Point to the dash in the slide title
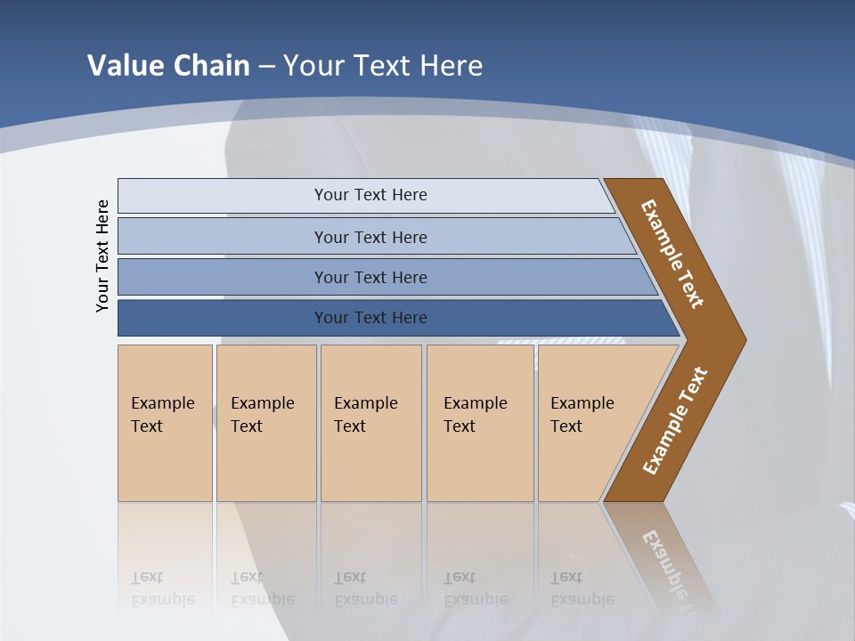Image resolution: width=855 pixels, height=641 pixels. tap(266, 67)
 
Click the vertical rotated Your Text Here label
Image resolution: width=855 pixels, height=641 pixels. tap(102, 256)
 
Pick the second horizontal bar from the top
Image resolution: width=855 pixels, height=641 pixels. tap(370, 237)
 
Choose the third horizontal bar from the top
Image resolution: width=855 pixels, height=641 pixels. tap(370, 277)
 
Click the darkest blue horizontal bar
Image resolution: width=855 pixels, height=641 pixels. tap(370, 318)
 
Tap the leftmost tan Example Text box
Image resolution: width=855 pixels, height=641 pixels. tap(165, 422)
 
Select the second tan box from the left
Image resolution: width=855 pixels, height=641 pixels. tap(265, 422)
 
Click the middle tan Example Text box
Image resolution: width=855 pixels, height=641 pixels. tap(370, 422)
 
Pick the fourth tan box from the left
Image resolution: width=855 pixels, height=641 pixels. tap(480, 422)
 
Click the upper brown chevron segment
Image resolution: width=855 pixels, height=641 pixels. tap(673, 254)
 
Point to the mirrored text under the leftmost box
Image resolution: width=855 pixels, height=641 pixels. tap(163, 588)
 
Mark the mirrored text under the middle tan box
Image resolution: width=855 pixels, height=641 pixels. tap(366, 588)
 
